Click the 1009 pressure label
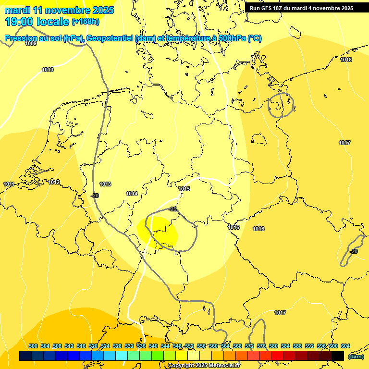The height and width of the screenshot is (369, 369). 31,44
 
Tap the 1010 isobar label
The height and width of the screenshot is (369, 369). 48,70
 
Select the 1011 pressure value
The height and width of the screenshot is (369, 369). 9,184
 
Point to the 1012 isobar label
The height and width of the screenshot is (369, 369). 54,182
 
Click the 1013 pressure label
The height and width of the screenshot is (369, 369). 105,184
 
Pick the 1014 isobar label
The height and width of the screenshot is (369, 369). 132,194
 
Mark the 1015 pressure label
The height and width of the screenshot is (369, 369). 184,189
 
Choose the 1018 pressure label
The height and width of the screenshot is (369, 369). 346,60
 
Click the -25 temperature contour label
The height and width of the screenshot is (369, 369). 173,209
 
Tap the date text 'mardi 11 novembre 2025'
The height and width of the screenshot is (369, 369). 59,10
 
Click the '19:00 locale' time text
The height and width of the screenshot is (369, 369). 37,21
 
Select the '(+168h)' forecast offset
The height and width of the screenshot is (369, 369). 86,22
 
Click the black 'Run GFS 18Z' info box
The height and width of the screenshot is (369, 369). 302,8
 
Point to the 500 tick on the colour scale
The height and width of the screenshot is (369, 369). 33,346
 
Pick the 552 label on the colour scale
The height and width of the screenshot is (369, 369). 189,346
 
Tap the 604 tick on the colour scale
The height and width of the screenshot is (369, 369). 345,346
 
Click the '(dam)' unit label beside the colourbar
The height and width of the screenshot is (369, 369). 356,357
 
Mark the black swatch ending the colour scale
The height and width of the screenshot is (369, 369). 338,356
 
